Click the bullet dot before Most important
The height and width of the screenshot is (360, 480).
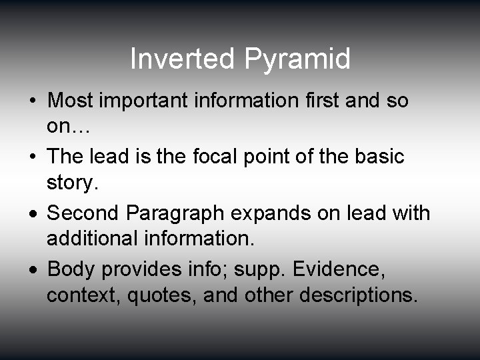click(33, 102)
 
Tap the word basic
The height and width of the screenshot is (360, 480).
click(379, 157)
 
